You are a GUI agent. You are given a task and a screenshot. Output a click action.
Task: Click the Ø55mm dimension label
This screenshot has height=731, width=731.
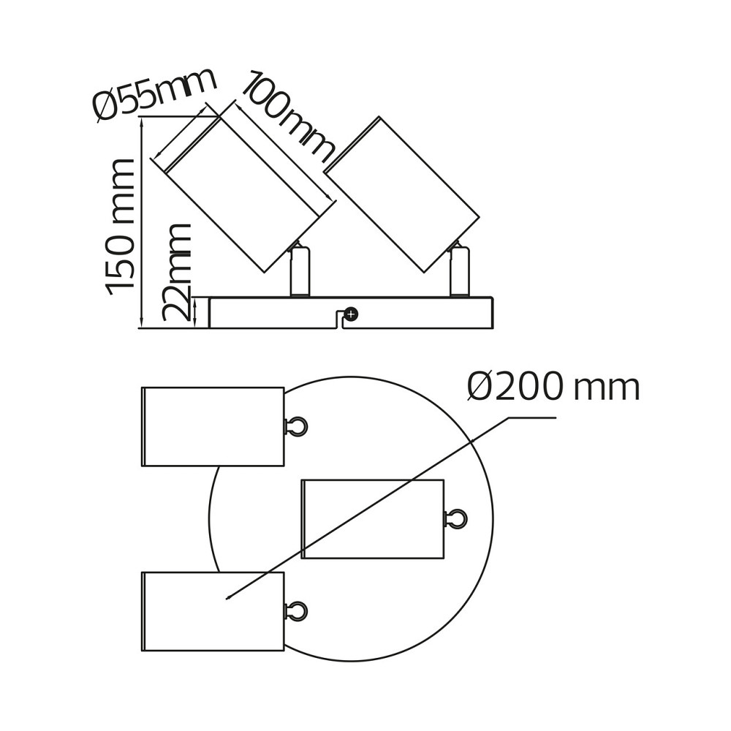point(155,96)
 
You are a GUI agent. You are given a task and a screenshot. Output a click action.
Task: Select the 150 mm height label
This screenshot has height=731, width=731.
point(121,227)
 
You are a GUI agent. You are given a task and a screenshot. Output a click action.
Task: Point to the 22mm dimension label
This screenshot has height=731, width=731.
point(176,272)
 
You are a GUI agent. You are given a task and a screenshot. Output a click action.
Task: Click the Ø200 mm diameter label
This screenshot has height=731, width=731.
point(553,387)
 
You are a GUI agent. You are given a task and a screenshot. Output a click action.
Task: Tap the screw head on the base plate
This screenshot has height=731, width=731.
point(351,314)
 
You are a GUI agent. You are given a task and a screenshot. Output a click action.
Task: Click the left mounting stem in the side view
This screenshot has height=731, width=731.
point(300,271)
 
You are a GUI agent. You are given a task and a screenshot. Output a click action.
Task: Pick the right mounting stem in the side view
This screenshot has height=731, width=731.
point(459,271)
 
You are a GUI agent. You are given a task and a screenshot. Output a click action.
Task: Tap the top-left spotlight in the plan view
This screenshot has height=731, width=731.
point(213,426)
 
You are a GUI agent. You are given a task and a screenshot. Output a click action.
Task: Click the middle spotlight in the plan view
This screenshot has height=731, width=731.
point(373,518)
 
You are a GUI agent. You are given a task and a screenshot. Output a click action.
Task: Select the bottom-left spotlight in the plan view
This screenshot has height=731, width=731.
point(213,611)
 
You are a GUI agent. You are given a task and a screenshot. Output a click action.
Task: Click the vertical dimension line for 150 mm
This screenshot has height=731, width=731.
point(142,223)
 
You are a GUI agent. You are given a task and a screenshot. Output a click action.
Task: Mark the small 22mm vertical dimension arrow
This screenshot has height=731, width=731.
point(195,312)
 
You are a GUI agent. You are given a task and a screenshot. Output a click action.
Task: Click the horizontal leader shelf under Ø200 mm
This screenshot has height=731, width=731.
point(531,417)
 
